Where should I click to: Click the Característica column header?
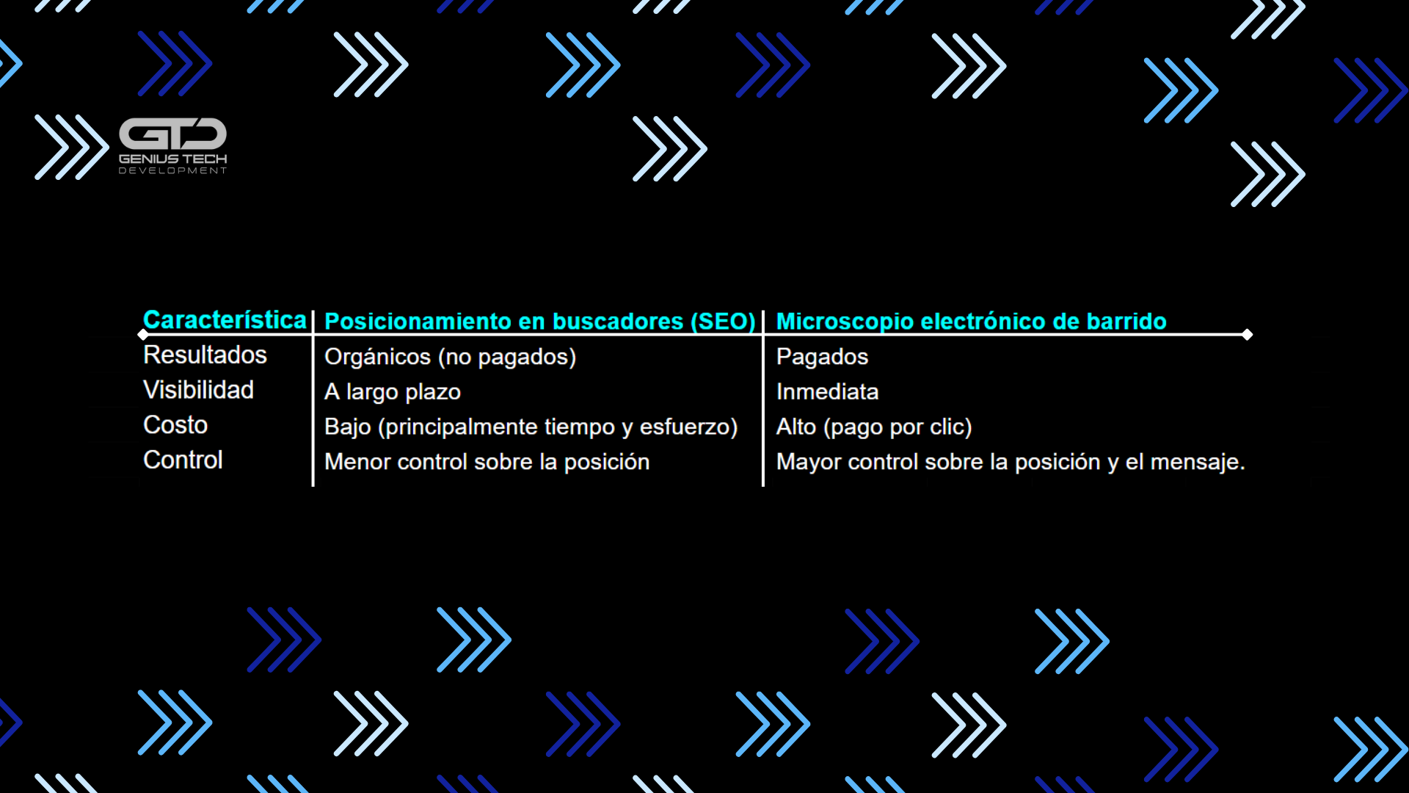coord(225,320)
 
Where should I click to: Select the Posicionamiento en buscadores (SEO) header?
coord(539,322)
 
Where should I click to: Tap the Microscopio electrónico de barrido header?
coord(971,322)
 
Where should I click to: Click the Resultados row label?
coord(205,355)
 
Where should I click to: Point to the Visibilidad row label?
coord(198,390)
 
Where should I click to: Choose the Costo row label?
coord(175,425)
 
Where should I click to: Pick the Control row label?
coord(183,460)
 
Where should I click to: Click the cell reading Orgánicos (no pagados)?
coord(450,357)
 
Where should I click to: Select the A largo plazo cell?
coord(393,392)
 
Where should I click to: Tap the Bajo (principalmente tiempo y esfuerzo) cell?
coord(531,427)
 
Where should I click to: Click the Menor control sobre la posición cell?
coord(487,462)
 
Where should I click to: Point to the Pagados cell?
coord(822,357)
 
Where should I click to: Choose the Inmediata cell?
coord(827,392)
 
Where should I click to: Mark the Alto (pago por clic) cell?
coord(874,427)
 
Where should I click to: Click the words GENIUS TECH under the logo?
coord(173,159)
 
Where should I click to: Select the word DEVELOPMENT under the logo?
coord(173,170)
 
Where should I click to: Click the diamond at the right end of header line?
coord(1247,335)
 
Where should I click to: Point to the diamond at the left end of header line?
coord(142,335)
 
